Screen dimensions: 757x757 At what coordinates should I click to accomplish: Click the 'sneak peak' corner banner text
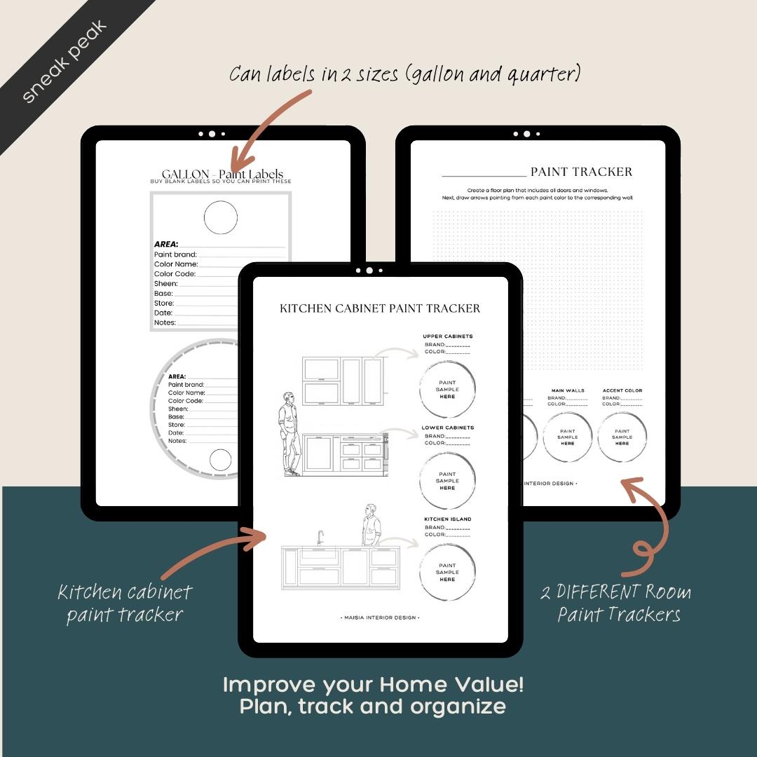click(64, 62)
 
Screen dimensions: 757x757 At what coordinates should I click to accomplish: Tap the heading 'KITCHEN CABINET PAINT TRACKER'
click(380, 308)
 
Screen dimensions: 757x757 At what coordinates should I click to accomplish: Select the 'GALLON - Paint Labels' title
click(221, 175)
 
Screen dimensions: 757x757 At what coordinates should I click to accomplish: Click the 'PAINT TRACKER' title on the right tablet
click(581, 172)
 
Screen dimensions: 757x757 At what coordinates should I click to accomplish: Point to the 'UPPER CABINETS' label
click(447, 336)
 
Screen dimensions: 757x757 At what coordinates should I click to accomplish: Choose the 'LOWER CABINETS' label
click(447, 428)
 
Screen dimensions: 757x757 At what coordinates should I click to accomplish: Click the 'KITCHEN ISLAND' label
click(447, 519)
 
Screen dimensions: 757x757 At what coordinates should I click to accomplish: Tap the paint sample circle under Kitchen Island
click(447, 572)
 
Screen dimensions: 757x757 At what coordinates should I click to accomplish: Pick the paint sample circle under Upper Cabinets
click(447, 389)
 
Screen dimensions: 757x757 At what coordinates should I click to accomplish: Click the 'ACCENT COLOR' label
click(622, 390)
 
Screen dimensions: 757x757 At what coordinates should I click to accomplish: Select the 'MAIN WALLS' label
click(567, 390)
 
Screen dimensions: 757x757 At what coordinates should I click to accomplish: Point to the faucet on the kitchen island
click(320, 538)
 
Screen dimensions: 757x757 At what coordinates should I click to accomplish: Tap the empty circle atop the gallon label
click(221, 218)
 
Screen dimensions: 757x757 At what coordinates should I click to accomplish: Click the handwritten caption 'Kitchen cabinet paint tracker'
click(125, 603)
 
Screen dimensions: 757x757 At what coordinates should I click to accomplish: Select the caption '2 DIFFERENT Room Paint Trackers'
click(615, 603)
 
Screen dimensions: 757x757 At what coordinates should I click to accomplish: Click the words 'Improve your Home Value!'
click(373, 685)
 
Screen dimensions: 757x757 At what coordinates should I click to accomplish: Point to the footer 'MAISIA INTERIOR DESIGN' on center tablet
click(380, 618)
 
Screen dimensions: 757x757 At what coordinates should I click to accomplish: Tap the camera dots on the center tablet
click(369, 271)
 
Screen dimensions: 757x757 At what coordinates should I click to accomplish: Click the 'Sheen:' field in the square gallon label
click(166, 284)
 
